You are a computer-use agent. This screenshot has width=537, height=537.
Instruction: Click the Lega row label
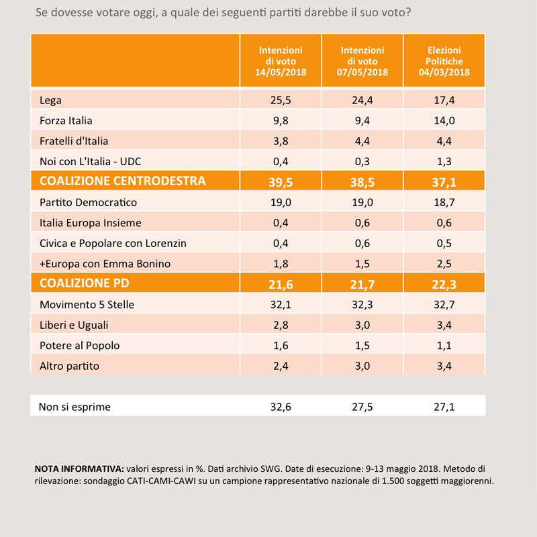click(x=51, y=100)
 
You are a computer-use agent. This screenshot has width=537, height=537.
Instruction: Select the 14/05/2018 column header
click(x=281, y=61)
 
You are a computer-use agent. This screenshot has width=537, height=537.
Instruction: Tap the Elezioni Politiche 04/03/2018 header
click(x=444, y=61)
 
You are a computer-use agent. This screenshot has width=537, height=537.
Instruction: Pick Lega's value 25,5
click(x=281, y=100)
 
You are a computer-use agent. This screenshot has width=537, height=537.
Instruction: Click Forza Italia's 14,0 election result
click(x=444, y=121)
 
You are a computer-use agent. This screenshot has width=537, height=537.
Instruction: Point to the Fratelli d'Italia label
click(x=74, y=141)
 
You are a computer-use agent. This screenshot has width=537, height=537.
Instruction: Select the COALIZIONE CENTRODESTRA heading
click(x=123, y=181)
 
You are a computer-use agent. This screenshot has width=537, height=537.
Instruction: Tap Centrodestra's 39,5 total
click(x=281, y=182)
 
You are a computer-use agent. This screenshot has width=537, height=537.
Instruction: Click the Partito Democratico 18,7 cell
click(x=444, y=203)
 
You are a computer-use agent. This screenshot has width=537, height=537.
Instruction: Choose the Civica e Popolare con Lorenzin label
click(x=113, y=243)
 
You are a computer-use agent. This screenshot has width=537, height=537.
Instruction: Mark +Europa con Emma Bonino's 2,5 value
click(x=444, y=264)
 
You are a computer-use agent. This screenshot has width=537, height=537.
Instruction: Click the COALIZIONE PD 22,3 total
click(x=444, y=285)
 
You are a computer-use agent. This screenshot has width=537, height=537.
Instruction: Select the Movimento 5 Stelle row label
click(x=87, y=305)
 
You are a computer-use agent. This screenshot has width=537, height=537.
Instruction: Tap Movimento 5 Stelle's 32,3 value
click(x=362, y=305)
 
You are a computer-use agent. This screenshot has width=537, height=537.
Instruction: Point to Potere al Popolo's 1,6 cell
click(x=281, y=346)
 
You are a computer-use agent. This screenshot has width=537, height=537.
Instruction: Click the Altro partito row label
click(x=70, y=366)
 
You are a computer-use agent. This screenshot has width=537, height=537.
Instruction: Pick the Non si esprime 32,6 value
click(x=281, y=407)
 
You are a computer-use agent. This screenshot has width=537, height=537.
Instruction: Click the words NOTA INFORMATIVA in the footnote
click(x=79, y=469)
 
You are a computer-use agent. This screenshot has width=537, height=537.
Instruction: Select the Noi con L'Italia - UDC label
click(x=91, y=161)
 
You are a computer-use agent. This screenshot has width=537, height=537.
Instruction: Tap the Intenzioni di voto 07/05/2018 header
click(x=362, y=61)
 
